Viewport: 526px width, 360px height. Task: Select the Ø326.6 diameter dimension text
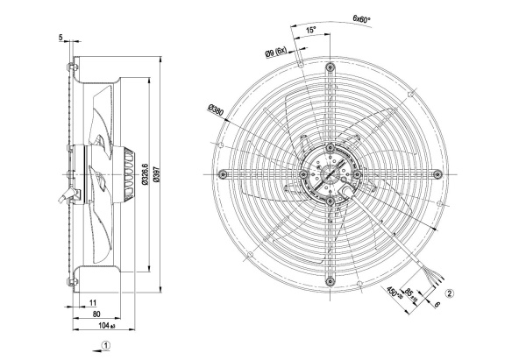coord(145,174)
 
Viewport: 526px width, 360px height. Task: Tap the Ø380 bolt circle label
coord(216,110)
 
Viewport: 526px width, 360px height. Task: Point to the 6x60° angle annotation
coord(361,18)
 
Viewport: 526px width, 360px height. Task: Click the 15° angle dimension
coord(310,30)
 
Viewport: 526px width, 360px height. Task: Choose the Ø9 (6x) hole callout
coord(276,53)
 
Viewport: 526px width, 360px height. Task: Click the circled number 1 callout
coord(106,345)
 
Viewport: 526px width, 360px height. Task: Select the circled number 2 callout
coord(450,293)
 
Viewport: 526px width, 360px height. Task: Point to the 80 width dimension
coord(96,314)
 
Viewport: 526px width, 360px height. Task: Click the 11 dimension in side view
coord(93,303)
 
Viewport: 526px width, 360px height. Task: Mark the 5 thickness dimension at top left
coord(60,38)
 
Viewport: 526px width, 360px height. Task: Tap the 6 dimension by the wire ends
coord(437,305)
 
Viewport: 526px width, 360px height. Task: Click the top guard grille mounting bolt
coord(331,67)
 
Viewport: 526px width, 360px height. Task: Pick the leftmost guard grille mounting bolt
coord(223,174)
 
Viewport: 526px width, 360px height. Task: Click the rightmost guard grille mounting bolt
coord(437,173)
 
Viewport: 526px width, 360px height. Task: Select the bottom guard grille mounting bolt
coord(331,281)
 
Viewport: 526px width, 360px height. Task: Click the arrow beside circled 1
coord(96,350)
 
